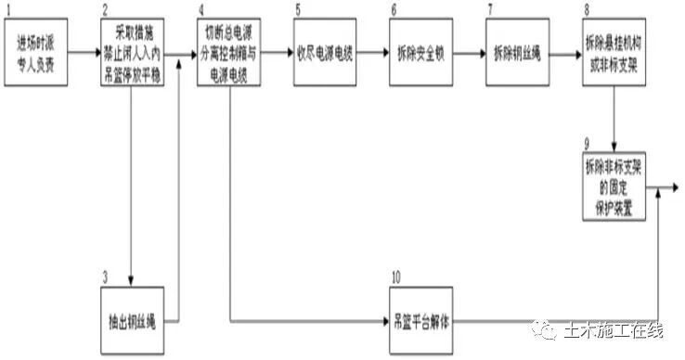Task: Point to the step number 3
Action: (106, 276)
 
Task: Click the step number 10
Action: (397, 276)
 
